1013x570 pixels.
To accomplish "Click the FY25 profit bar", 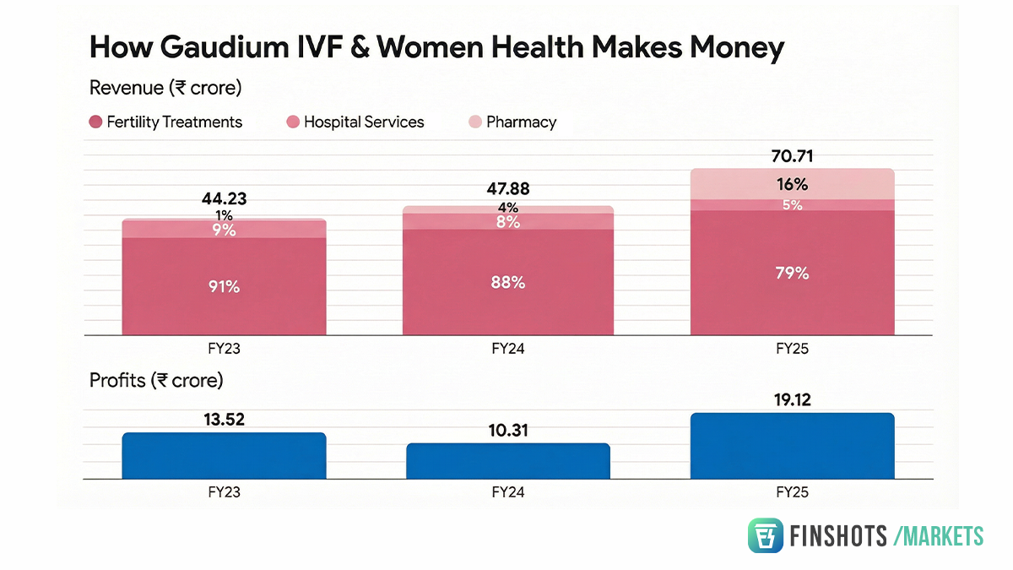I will [x=792, y=447].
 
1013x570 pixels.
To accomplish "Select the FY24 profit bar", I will [x=508, y=461].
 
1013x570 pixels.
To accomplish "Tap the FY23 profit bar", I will [x=224, y=456].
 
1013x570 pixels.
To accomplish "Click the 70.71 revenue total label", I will [x=792, y=156].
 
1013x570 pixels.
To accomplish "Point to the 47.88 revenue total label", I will [x=508, y=189].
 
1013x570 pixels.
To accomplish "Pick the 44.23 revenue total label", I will [x=224, y=200].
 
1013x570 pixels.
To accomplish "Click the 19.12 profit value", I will [x=792, y=401].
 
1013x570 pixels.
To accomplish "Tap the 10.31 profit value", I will [x=508, y=431].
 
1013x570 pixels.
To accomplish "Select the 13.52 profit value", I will [x=224, y=420].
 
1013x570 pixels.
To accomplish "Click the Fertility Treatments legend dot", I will [x=95, y=122].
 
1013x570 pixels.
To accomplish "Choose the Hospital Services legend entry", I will [x=355, y=122].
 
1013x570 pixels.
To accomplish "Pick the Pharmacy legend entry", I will [x=512, y=122].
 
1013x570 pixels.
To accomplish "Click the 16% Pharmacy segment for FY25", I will [x=792, y=184].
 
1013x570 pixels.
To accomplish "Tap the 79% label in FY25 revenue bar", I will [x=792, y=273].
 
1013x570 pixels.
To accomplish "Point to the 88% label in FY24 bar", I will [x=508, y=283].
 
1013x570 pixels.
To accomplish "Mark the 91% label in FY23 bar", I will [x=224, y=286].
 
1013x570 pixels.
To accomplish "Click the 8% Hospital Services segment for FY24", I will [x=508, y=222].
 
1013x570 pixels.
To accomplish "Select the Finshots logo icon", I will [x=766, y=535].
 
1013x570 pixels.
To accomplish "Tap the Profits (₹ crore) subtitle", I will [x=156, y=381].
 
